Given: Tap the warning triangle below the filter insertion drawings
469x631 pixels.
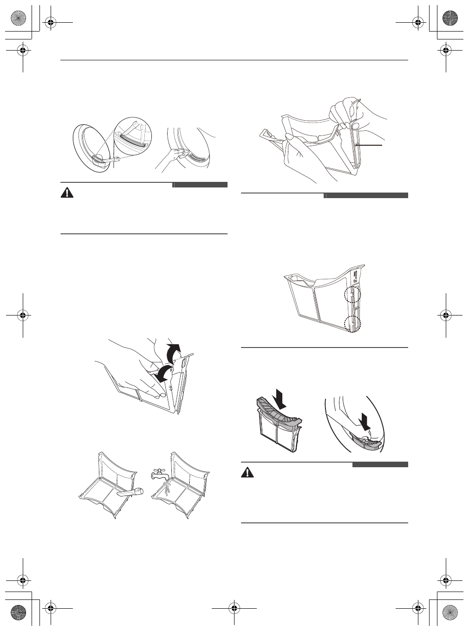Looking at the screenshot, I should pyautogui.click(x=248, y=472).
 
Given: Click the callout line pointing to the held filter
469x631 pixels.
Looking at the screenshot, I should pyautogui.click(x=370, y=145).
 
